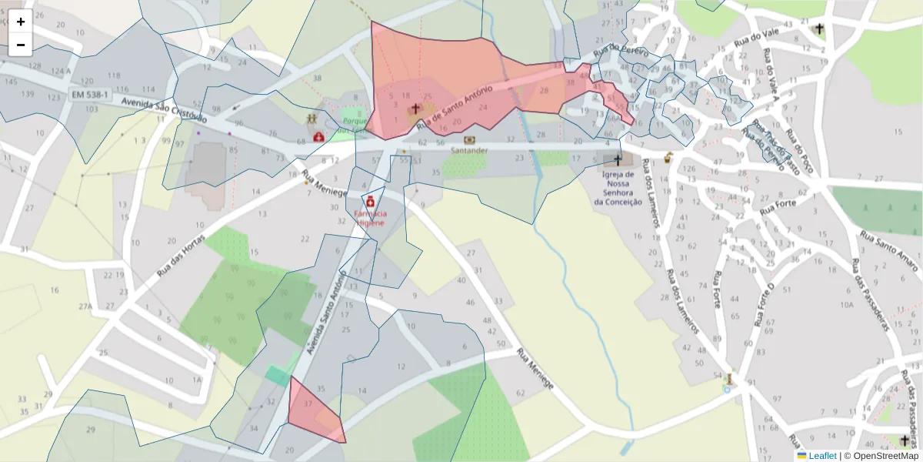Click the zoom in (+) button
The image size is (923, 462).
click(x=21, y=22)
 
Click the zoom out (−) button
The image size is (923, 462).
click(x=21, y=45)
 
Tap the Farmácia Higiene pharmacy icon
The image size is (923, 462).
click(x=370, y=201)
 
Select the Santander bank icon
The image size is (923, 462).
click(x=469, y=140)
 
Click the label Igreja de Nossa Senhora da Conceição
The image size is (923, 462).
click(x=618, y=188)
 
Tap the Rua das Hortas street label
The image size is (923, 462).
click(x=182, y=255)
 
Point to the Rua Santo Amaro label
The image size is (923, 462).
click(x=888, y=251)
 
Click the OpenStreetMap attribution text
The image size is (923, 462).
click(x=881, y=456)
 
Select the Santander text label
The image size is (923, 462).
click(x=469, y=151)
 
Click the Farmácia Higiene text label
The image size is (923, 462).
click(x=371, y=218)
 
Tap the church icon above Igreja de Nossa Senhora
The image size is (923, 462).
click(x=617, y=160)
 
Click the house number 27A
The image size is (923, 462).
click(x=85, y=306)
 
